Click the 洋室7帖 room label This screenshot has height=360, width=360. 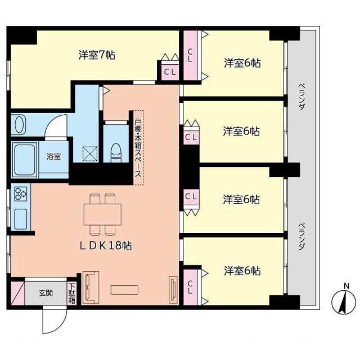coord(97,55)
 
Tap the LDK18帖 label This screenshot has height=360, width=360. coord(105,246)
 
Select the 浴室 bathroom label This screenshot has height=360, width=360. coord(54,156)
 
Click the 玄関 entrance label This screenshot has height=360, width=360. coord(46,293)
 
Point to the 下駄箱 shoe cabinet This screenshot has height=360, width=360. coord(72,294)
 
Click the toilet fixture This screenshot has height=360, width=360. coord(116,153)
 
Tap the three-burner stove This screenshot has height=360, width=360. coord(21,194)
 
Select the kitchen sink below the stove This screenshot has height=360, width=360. coord(21,219)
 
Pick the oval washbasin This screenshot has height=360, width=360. coord(20,124)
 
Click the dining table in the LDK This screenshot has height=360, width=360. coord(102,214)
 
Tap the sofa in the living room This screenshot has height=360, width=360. coord(91,287)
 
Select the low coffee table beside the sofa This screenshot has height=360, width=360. coord(124,290)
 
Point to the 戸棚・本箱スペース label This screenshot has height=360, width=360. coord(138,148)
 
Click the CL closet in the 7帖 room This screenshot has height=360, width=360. coord(170,72)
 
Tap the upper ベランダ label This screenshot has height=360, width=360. coord(302,96)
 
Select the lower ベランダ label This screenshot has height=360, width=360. coord(302,236)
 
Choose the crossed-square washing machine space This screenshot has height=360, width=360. coord(90,154)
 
